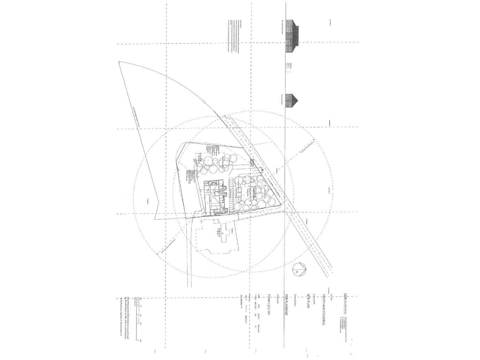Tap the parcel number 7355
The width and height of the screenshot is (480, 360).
(199, 160)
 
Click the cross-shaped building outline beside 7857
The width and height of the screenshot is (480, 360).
(214, 236)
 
